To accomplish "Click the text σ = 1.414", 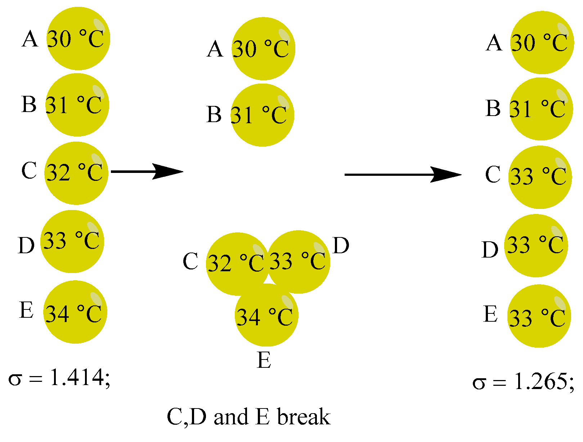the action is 59,378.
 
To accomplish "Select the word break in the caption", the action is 304,417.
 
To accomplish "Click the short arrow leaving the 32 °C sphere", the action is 147,171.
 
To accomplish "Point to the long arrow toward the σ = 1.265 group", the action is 403,175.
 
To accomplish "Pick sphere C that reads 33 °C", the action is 540,177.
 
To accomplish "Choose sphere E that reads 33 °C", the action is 539,316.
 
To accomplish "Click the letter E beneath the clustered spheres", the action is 264,360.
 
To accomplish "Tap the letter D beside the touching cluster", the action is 341,246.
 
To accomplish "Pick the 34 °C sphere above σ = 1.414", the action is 75,312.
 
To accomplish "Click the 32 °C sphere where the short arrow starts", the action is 76,173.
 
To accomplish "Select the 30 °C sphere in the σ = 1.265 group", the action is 542,43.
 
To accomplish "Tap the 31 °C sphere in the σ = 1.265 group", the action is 541,109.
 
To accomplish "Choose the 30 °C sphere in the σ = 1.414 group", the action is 78,39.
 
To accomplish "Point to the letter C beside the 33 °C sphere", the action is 493,174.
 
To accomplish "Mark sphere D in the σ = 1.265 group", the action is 536,246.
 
